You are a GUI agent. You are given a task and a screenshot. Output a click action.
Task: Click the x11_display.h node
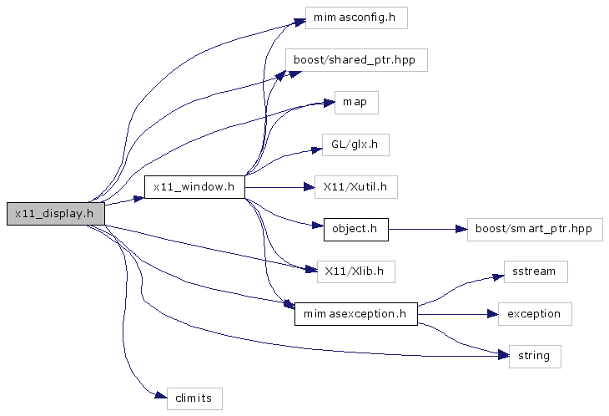click(55, 214)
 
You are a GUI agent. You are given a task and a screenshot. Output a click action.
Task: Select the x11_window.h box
click(194, 187)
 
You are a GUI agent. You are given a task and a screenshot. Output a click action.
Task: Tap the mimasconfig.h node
click(355, 18)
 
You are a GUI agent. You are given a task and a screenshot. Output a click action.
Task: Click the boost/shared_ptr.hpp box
click(356, 60)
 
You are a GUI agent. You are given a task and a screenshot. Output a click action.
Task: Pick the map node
click(356, 103)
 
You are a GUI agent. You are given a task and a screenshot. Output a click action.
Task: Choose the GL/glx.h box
click(355, 145)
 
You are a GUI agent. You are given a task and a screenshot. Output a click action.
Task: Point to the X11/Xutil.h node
click(355, 187)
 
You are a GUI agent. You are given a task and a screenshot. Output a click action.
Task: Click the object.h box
click(355, 229)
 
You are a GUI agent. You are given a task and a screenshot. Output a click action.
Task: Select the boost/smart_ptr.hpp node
click(534, 229)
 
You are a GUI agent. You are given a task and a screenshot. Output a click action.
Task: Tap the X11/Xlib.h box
click(355, 271)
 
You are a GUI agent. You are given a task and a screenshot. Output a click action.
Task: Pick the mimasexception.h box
click(355, 314)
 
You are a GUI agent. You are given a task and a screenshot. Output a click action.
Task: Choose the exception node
click(535, 314)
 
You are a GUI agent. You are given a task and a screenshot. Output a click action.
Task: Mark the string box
click(534, 356)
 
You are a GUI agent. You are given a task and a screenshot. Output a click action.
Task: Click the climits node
click(194, 398)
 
